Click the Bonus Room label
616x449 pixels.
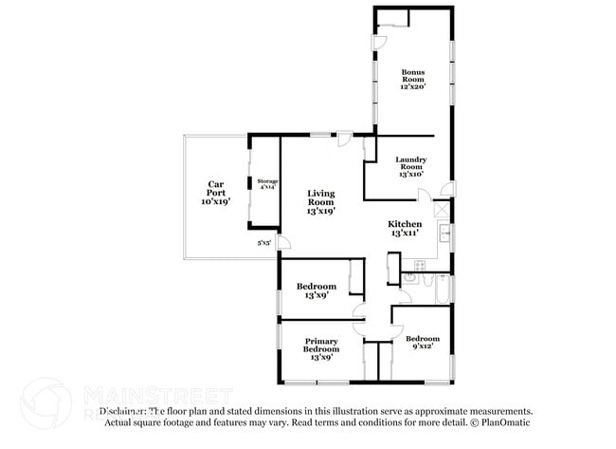pos(412,79)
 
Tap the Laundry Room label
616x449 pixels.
pos(410,166)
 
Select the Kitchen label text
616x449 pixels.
pos(405,228)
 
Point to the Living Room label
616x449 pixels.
pos(320,202)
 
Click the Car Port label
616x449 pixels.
pos(216,193)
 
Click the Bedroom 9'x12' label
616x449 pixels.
pos(422,344)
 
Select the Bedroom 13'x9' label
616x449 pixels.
pos(316,290)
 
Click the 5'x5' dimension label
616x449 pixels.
pos(264,243)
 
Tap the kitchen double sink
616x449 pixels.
pos(444,233)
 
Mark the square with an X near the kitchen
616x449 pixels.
pos(440,208)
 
